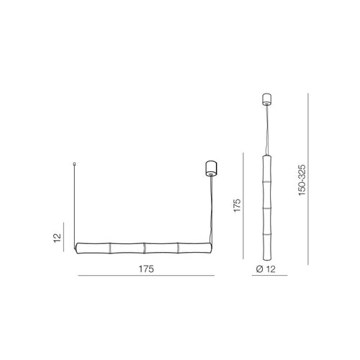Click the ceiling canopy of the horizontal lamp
[x=212, y=168]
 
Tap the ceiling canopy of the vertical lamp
[x=267, y=99]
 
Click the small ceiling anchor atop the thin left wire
[x=74, y=164]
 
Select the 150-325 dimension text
[x=302, y=180]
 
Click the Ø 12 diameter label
[x=266, y=269]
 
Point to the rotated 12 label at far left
[x=58, y=238]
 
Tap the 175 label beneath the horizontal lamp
[x=146, y=269]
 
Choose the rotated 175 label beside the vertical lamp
[x=237, y=205]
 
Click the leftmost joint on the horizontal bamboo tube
[x=110, y=248]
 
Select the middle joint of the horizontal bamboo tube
[x=144, y=248]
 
